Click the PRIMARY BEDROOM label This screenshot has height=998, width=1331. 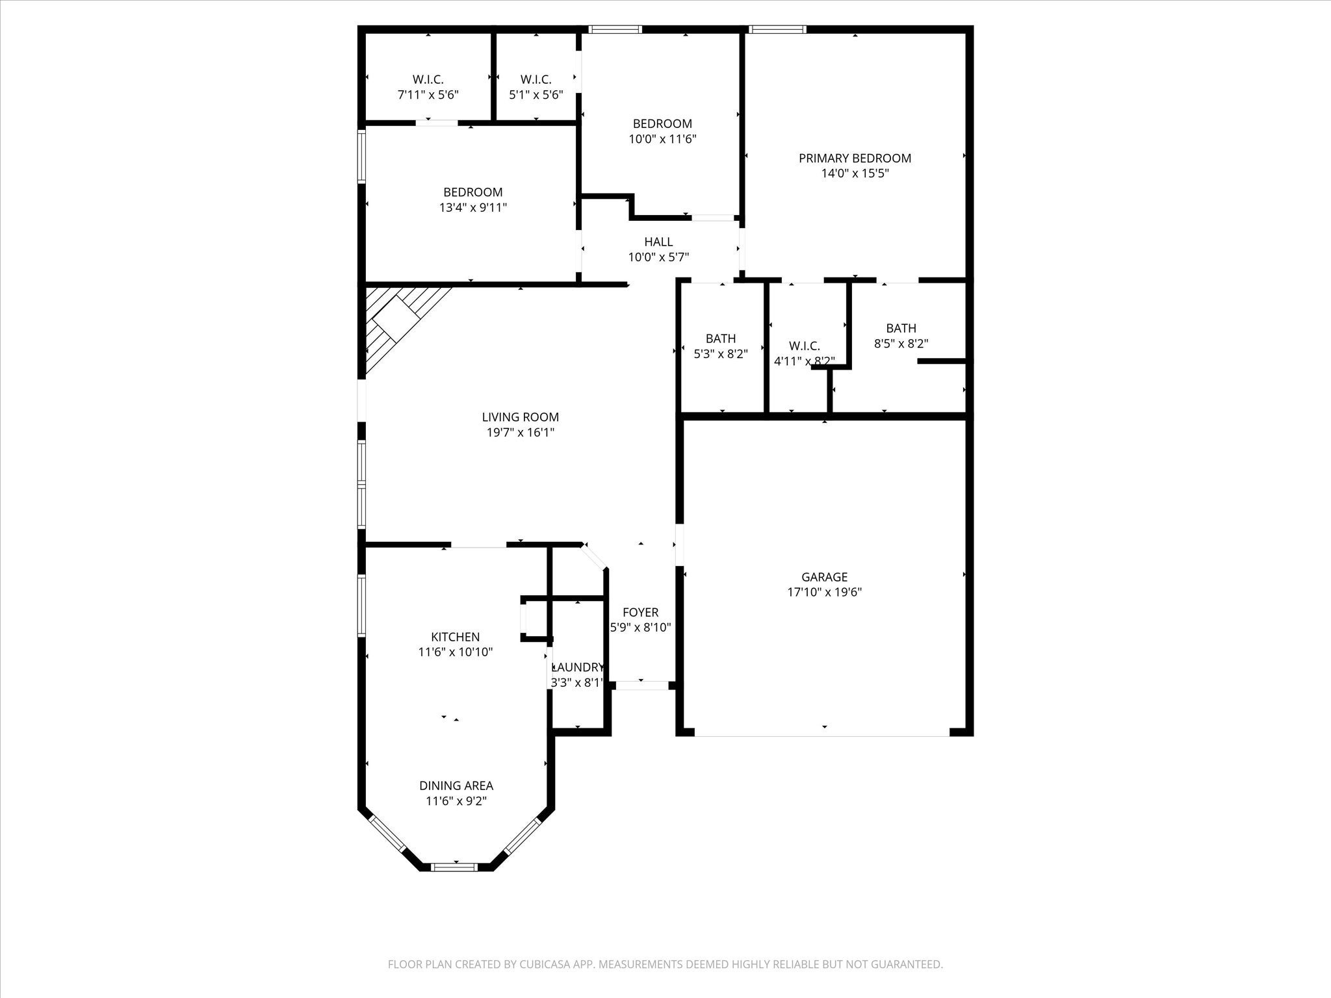click(855, 158)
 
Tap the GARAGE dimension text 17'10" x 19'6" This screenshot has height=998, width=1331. click(824, 592)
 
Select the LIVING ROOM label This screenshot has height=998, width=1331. click(520, 417)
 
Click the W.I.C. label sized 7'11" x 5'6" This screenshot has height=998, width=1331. click(428, 79)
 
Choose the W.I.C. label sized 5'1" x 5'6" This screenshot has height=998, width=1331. click(536, 79)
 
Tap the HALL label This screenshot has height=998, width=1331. click(658, 242)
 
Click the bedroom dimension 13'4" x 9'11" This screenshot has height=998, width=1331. click(472, 208)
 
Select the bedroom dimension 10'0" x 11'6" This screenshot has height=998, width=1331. click(662, 139)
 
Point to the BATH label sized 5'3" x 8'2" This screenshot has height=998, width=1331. click(720, 339)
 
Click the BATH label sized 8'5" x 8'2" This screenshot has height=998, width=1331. click(901, 328)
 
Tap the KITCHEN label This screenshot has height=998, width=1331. click(455, 637)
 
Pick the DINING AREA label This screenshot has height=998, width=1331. click(456, 786)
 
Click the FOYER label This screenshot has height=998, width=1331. click(640, 612)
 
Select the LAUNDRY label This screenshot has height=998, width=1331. click(578, 667)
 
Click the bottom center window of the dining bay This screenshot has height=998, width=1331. click(455, 866)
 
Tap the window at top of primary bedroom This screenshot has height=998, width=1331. click(777, 29)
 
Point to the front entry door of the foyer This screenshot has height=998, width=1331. click(641, 685)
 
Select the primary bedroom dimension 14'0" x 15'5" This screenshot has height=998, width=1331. click(855, 173)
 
